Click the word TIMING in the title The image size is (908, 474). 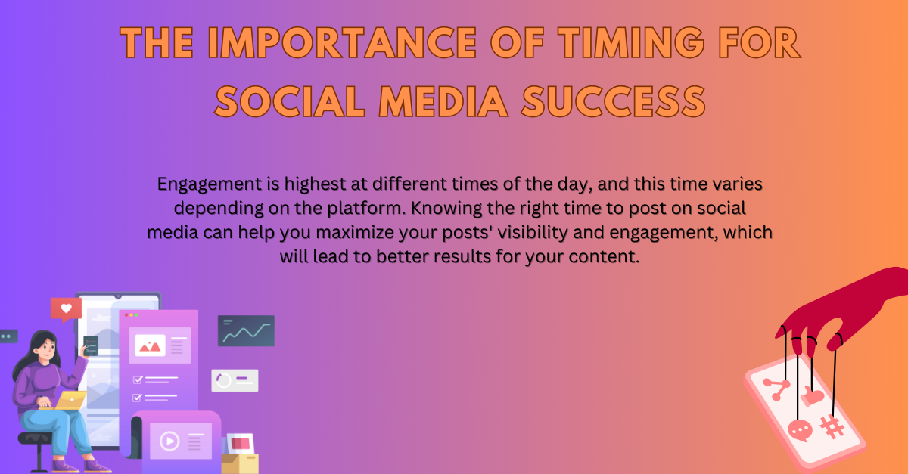point(631,42)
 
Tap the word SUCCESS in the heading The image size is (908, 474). point(614,101)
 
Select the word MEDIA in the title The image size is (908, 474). point(443,101)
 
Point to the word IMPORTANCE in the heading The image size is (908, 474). point(343,42)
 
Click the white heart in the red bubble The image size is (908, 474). point(66,308)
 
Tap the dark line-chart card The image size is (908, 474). point(246,330)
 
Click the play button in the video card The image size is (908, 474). point(169,441)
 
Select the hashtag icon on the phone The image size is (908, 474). point(832,427)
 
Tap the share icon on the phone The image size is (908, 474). point(776,389)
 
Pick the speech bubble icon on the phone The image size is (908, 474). point(800,430)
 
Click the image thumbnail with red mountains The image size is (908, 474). point(150,345)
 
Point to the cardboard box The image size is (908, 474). point(240,463)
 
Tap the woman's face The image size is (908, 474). point(47,349)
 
